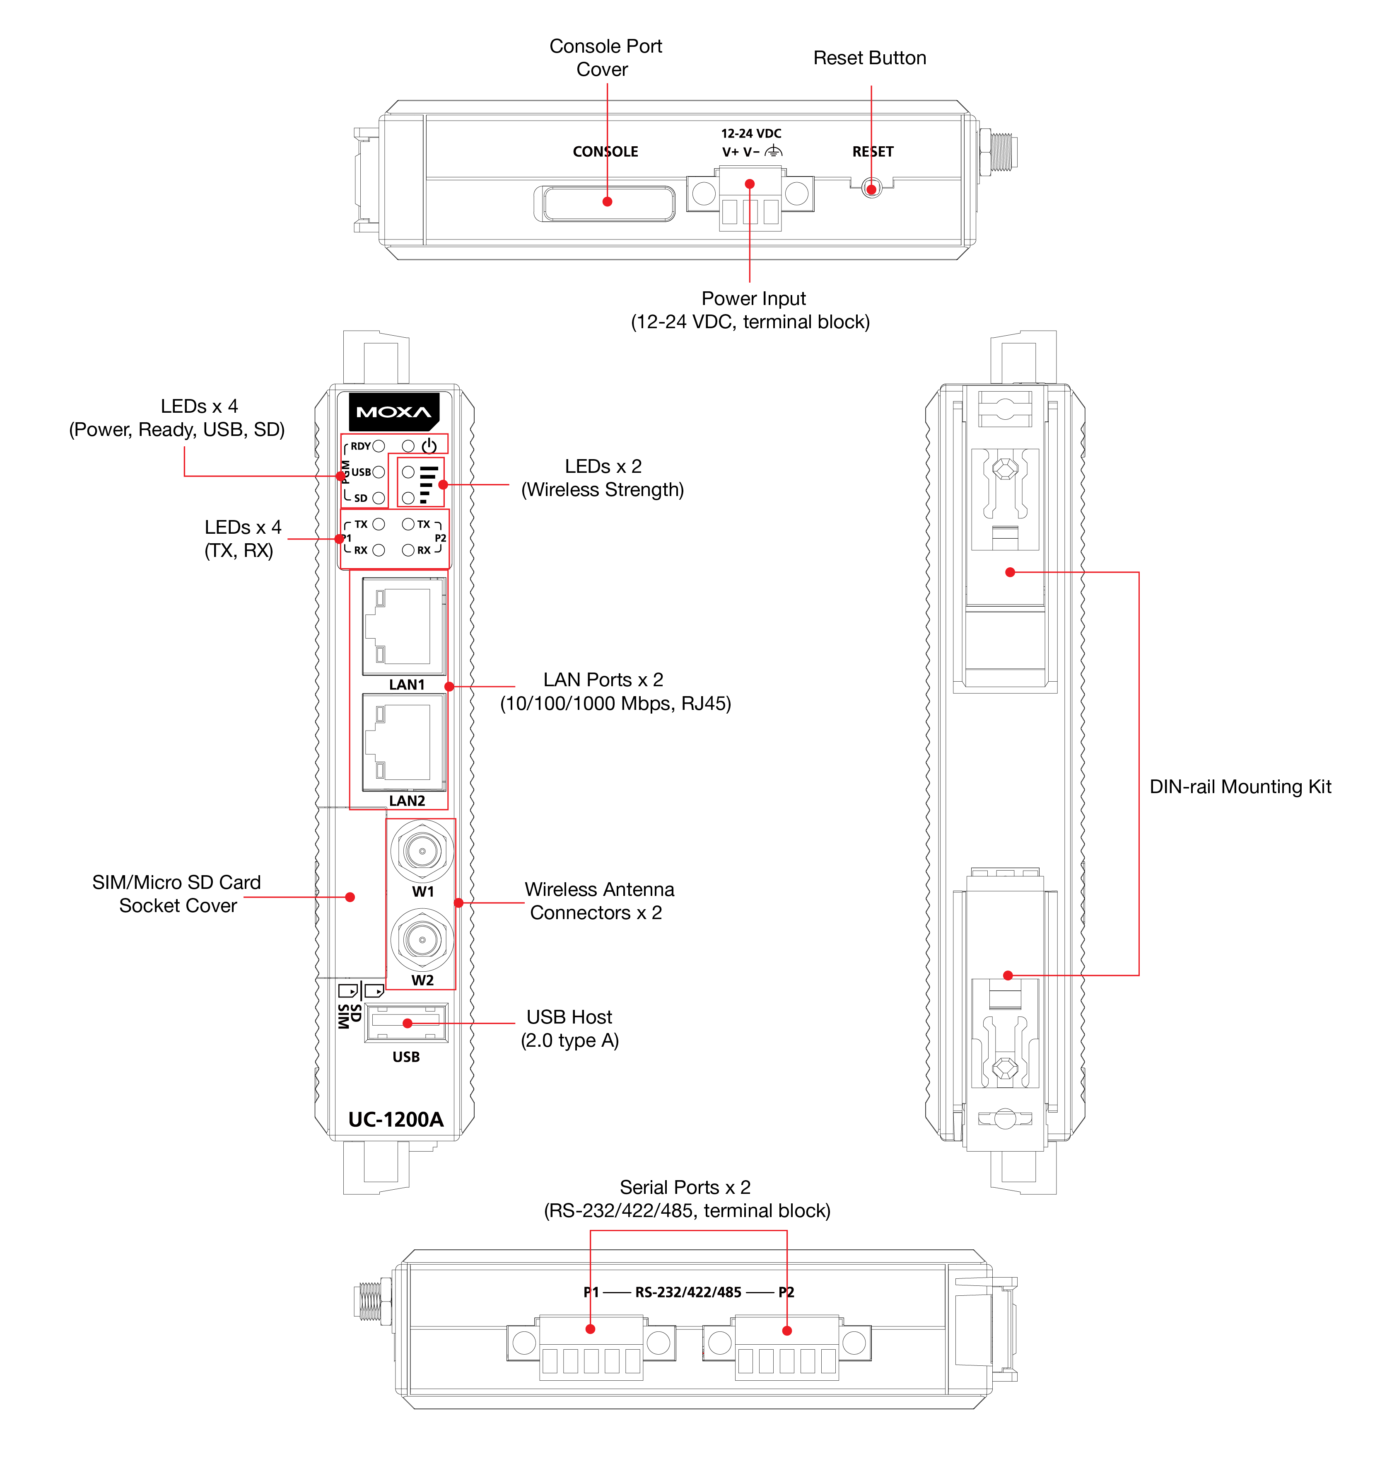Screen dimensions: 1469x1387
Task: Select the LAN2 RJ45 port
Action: click(x=404, y=742)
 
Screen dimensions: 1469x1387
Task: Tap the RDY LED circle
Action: click(x=379, y=446)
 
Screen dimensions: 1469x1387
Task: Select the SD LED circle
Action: click(x=379, y=498)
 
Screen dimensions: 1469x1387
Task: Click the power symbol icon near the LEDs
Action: click(x=429, y=446)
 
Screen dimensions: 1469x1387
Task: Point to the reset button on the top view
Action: click(x=872, y=189)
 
